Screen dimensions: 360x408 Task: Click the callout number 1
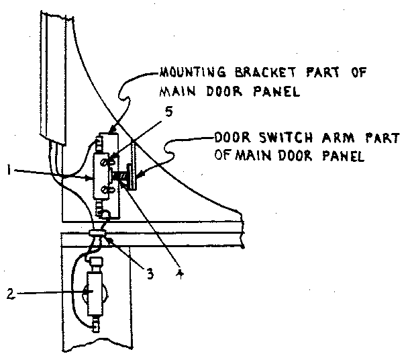click(x=7, y=172)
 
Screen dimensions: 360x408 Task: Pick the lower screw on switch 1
click(x=105, y=194)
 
